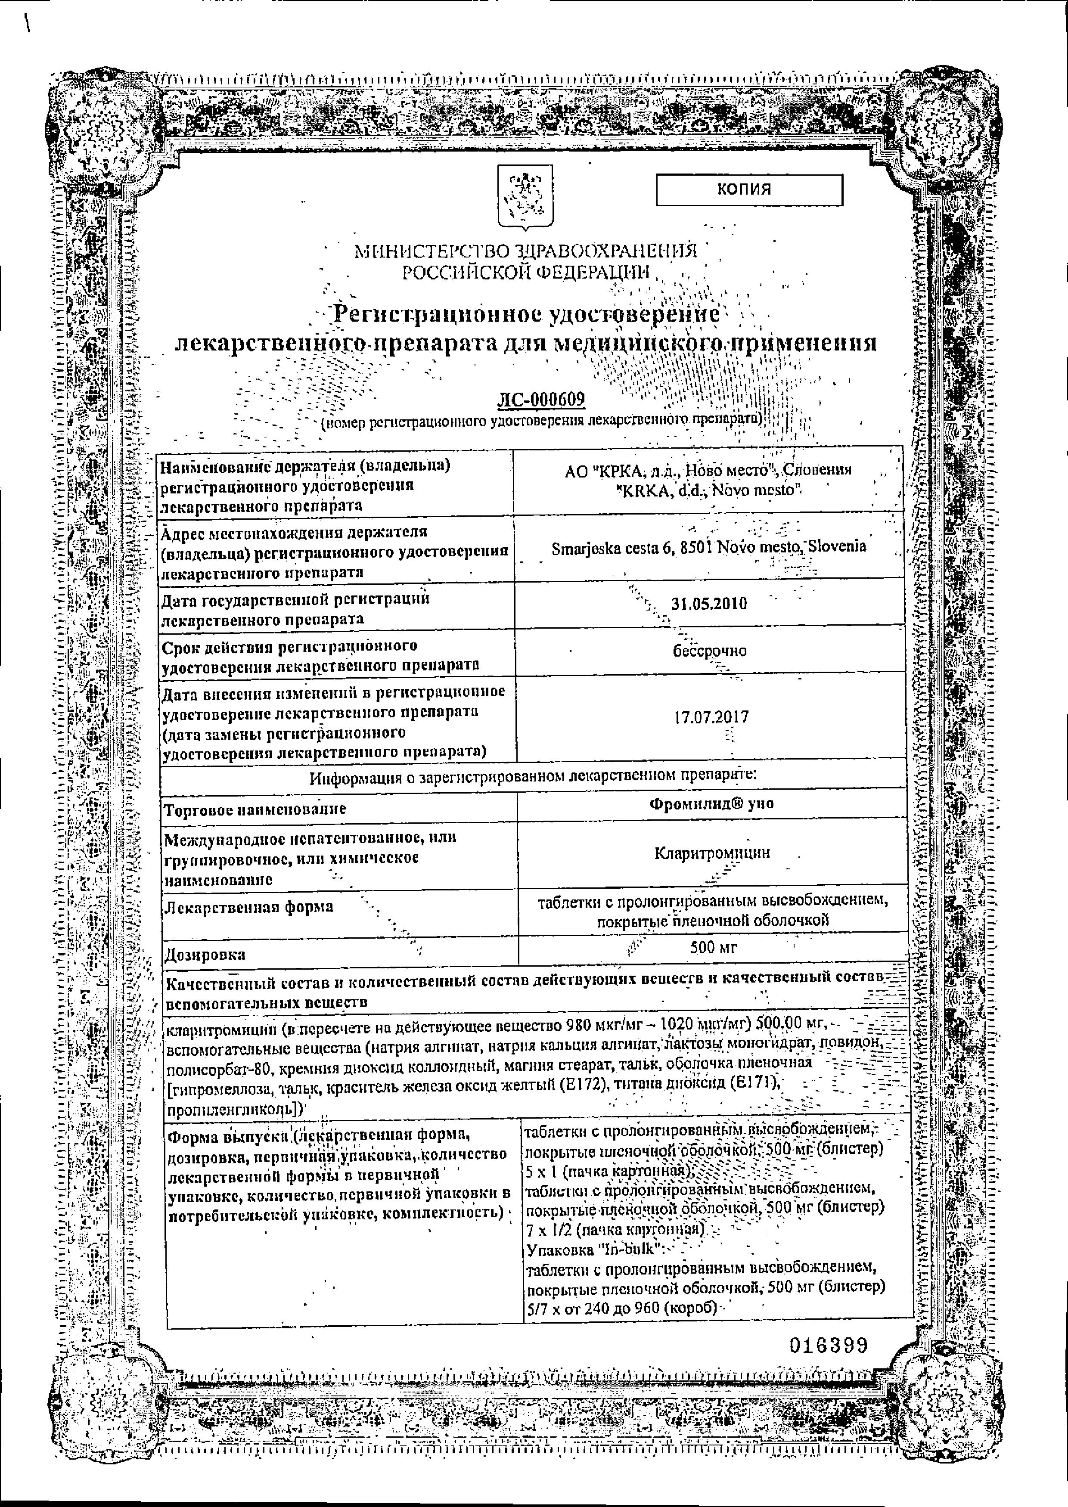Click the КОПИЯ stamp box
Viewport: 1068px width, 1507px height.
tap(749, 189)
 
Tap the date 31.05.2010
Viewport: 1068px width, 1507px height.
tap(709, 604)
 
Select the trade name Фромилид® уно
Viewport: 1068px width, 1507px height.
tap(711, 803)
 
